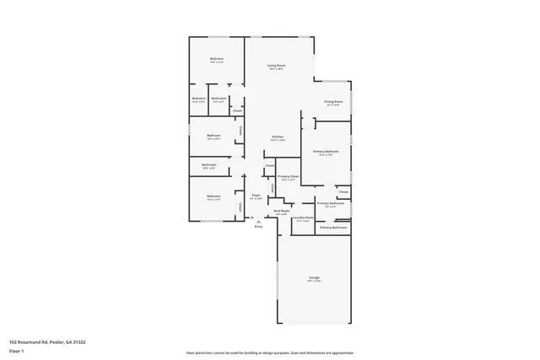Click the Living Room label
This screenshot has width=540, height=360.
[x=276, y=65]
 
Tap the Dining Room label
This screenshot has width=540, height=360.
[x=333, y=102]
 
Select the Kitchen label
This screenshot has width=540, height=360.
[x=277, y=137]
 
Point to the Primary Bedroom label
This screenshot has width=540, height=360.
[x=326, y=151]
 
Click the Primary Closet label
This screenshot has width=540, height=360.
[x=289, y=176]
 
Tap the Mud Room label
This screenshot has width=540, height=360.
[x=281, y=211]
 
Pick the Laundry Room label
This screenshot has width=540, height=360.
[x=304, y=218]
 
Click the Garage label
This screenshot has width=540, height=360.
[x=313, y=277]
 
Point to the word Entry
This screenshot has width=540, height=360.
[x=259, y=227]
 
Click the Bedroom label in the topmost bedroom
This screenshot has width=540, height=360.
[x=217, y=58]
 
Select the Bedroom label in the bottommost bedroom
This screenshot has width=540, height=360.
[x=213, y=196]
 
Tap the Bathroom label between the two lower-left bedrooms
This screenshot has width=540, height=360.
[x=208, y=164]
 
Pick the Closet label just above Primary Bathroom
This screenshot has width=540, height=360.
[x=343, y=191]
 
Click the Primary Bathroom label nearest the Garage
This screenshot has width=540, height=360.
[x=333, y=228]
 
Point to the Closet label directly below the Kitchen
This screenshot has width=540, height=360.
[x=269, y=165]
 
